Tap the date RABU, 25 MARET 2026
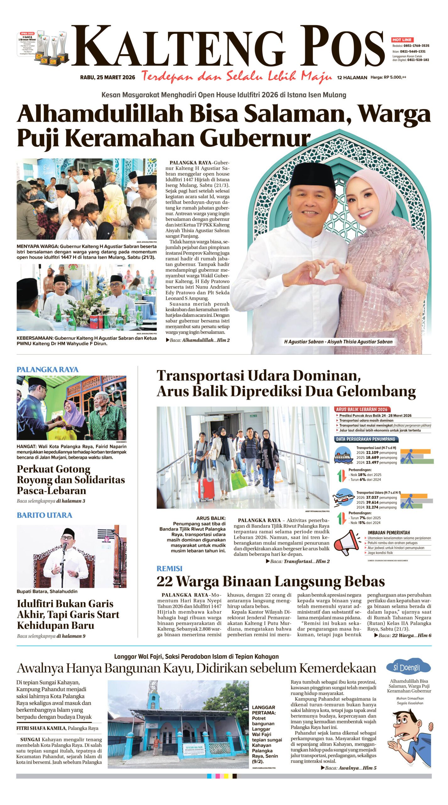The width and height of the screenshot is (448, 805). point(107,77)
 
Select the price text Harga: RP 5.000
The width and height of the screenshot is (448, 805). point(388,77)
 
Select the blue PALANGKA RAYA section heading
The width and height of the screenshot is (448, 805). point(47,369)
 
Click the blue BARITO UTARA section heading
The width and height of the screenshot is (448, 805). point(44,515)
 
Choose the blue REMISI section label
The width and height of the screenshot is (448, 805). point(169,568)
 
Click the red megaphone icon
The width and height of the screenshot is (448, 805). point(347,542)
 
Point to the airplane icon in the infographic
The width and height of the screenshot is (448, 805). point(344,498)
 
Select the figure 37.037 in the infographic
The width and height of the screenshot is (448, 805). point(372,498)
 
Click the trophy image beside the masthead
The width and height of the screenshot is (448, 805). point(52,47)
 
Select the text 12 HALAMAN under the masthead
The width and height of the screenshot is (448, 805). point(352,77)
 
